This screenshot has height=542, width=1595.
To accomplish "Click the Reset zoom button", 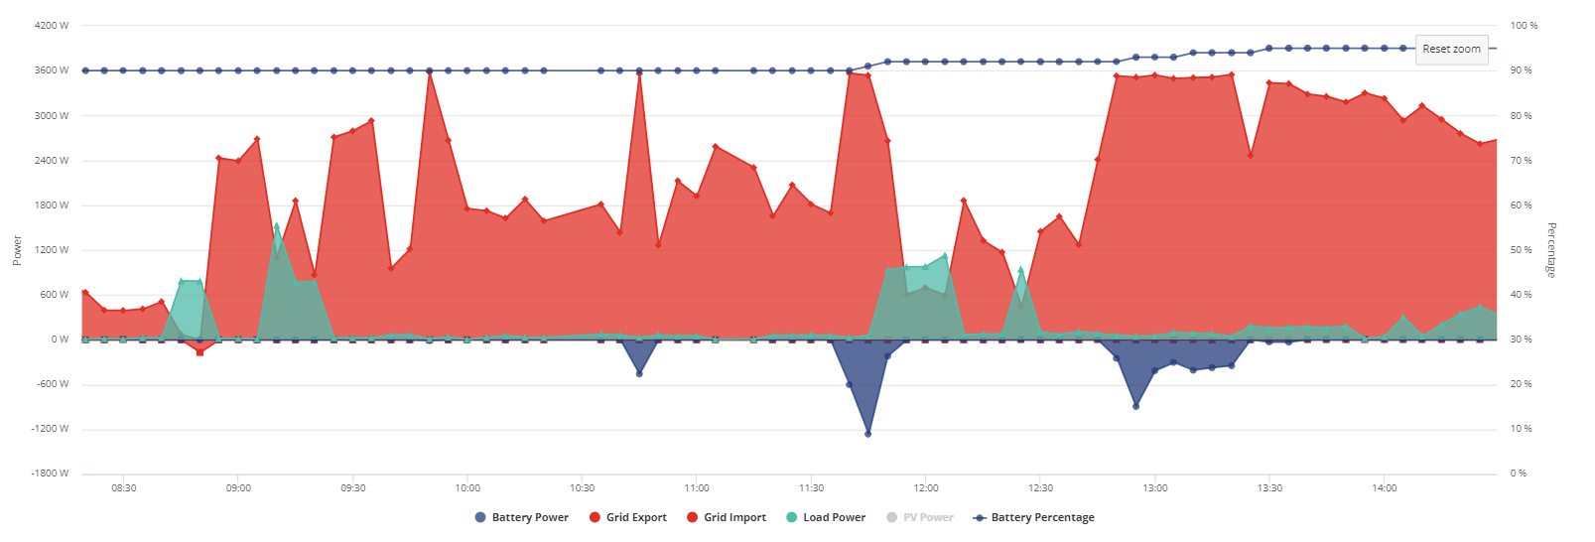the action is (1451, 50).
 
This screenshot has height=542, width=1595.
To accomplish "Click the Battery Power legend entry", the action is (522, 518).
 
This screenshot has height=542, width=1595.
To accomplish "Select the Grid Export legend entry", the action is (628, 518).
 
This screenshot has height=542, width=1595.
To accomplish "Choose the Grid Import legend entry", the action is (727, 518).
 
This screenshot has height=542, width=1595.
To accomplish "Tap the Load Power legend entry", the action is (826, 518).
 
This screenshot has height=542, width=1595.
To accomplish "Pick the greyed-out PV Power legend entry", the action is (920, 518).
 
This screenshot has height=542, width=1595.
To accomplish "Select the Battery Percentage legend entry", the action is (1034, 518).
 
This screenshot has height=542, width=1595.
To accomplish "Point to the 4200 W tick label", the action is (52, 26).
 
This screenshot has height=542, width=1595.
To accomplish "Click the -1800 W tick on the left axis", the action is (50, 474).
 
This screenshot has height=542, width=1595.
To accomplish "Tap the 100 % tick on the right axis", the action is (1524, 26).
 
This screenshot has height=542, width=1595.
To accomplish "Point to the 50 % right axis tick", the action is (1521, 250).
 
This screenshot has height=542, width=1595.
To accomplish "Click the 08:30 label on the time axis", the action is (123, 488).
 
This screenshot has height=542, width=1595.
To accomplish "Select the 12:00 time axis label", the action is (926, 488).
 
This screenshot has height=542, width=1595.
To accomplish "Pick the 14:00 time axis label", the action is (1385, 488).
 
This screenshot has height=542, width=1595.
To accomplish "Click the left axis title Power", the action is (17, 251).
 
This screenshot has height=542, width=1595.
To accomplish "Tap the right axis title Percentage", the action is (1551, 250).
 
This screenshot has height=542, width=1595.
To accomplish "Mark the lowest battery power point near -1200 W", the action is (868, 434).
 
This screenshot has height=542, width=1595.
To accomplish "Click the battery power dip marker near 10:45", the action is (639, 374).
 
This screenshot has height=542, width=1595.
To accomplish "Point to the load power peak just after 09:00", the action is (277, 226).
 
